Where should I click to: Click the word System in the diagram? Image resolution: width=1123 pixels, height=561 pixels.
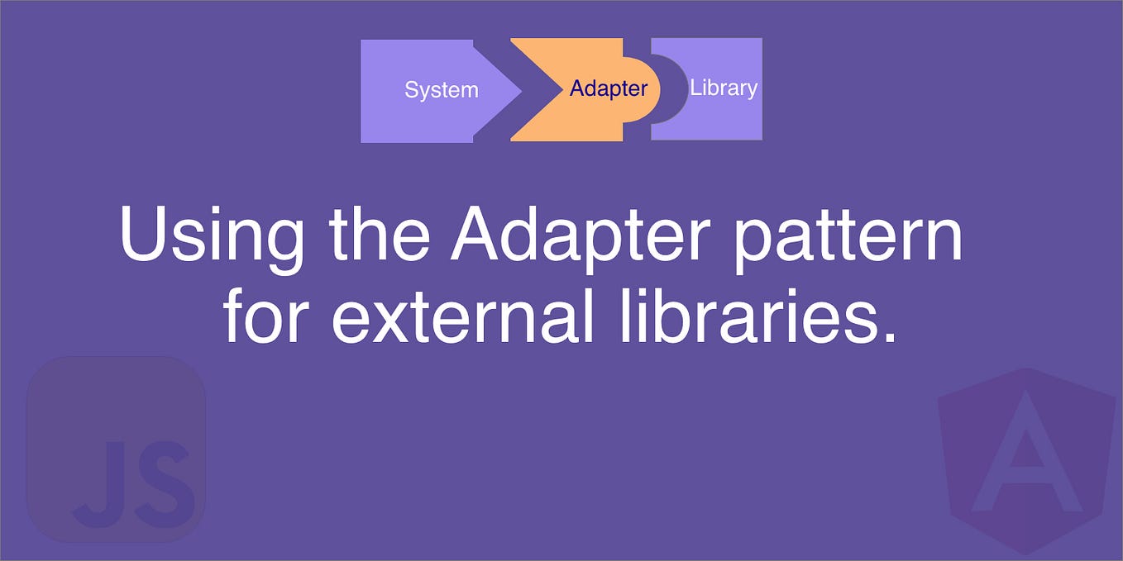point(441,89)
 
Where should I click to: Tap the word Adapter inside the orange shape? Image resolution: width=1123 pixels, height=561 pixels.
point(608,88)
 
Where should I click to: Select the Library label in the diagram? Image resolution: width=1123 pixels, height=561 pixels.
point(724,87)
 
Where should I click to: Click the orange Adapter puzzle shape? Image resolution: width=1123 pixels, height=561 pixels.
point(571,116)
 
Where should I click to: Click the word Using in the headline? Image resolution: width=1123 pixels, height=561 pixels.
point(212,235)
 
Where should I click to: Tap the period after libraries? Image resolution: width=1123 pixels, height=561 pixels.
point(888,337)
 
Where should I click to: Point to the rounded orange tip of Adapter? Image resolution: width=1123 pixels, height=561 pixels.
point(650,89)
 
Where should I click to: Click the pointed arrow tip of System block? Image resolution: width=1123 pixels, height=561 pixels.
point(516,90)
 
